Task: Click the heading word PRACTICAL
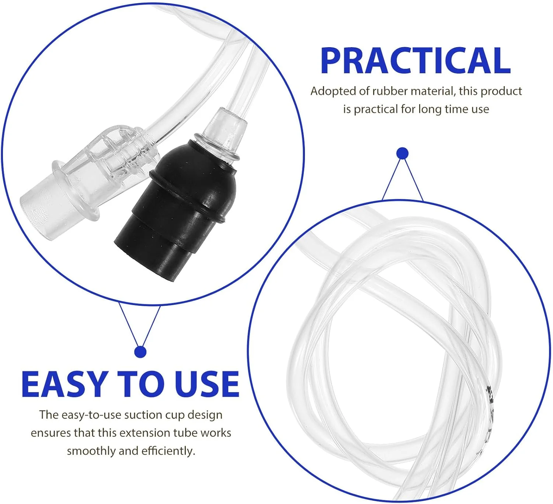[x=415, y=61]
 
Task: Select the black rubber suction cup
[x=173, y=206]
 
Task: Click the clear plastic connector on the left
[x=92, y=177]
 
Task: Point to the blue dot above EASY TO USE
[x=140, y=352]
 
